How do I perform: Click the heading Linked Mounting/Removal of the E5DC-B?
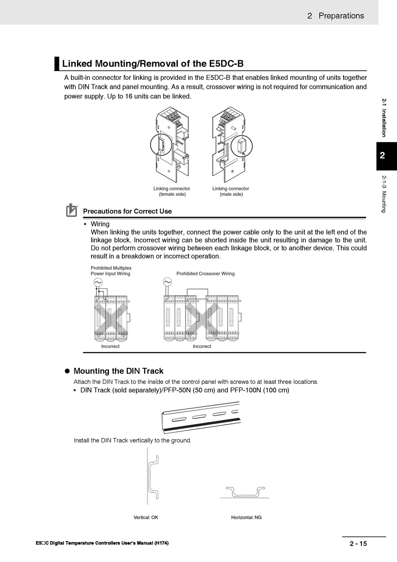click(153, 64)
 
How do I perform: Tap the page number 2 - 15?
click(358, 544)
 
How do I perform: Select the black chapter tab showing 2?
click(382, 156)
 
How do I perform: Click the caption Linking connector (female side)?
click(172, 192)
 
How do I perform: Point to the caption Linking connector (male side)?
click(231, 192)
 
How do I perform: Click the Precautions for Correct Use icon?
click(72, 210)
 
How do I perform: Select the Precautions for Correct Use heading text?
click(127, 212)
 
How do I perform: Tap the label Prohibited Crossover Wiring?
click(205, 274)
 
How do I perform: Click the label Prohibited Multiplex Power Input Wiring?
click(111, 271)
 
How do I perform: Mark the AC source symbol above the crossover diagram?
click(167, 282)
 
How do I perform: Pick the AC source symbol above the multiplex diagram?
click(98, 283)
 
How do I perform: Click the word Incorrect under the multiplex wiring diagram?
click(110, 347)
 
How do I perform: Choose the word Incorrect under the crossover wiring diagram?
click(202, 347)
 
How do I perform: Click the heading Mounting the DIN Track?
click(118, 371)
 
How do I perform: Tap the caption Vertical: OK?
click(146, 518)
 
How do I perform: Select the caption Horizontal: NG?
click(246, 518)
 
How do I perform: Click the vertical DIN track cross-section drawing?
click(154, 477)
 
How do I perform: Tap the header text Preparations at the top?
click(341, 16)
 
